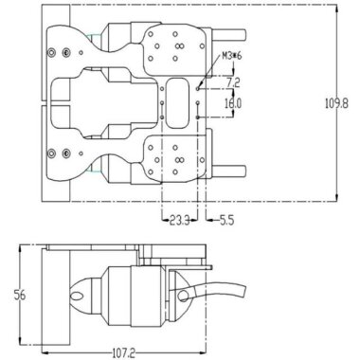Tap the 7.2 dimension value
pyautogui.click(x=233, y=83)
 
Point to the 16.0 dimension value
pyautogui.click(x=233, y=102)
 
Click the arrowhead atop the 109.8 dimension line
pyautogui.click(x=338, y=9)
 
